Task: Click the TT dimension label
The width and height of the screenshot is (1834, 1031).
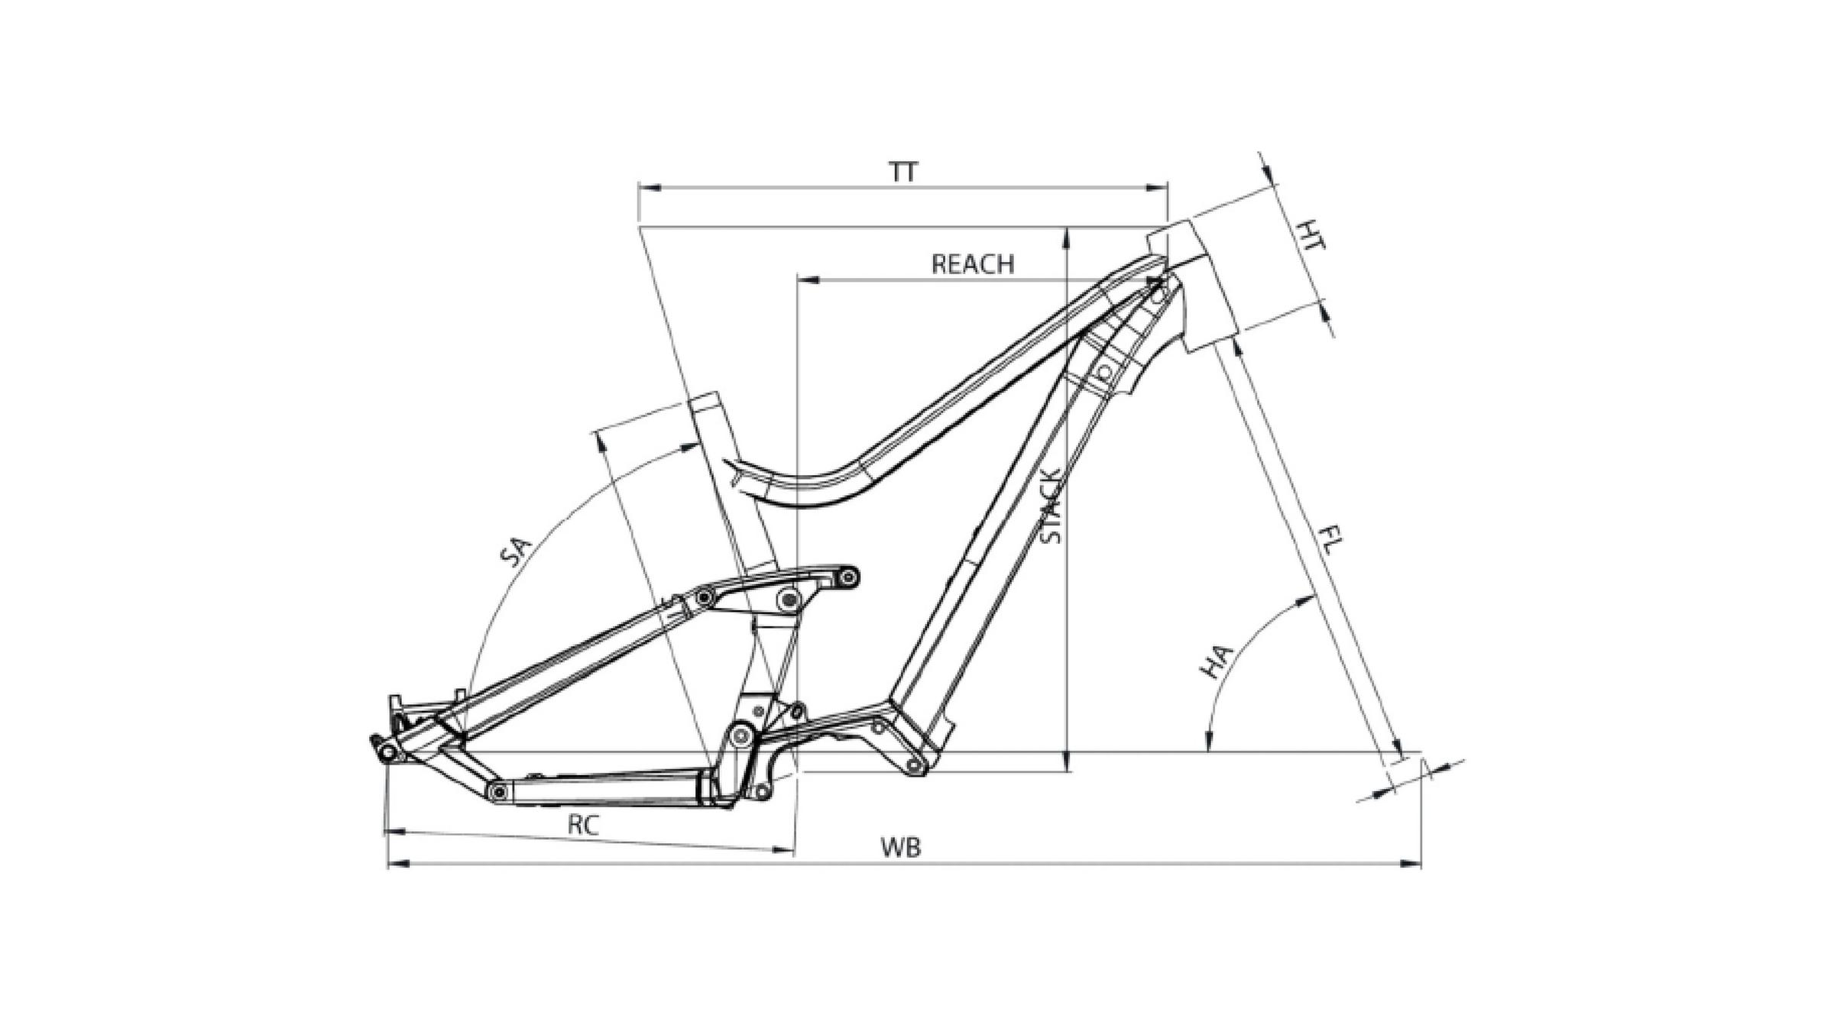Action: [x=903, y=172]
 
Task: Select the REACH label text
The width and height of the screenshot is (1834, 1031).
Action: [x=973, y=264]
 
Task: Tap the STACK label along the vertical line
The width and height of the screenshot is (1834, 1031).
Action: [x=1051, y=506]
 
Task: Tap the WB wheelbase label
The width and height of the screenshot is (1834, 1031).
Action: [x=901, y=847]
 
